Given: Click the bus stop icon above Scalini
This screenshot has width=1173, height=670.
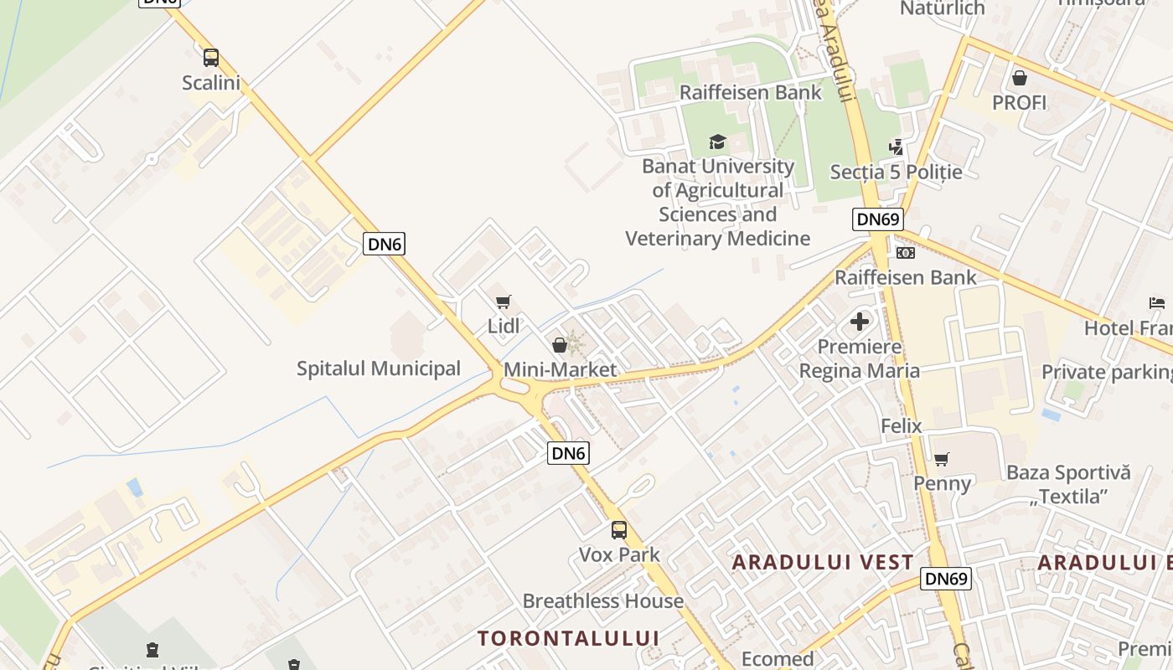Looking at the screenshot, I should (211, 58).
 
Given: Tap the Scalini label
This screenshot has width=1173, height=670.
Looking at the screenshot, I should (211, 83).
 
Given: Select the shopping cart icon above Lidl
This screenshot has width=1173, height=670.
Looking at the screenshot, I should (503, 302).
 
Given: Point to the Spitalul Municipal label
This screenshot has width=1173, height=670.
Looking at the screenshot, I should (379, 368).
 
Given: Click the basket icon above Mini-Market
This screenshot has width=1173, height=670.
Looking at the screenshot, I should (559, 344).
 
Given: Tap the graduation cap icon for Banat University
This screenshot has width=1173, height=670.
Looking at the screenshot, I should (717, 142).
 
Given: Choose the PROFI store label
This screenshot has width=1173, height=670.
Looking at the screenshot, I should (1020, 103).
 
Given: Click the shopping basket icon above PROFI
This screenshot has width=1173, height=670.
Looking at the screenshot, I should (1020, 78).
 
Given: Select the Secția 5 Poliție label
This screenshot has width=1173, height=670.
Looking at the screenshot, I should (896, 172).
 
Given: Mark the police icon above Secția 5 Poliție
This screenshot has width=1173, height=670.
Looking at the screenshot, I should (897, 147).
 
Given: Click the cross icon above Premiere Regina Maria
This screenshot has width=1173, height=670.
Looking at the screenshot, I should (860, 322).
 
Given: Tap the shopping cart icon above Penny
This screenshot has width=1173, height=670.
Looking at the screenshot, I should (942, 459).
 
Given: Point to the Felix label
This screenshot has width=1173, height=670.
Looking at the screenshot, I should (902, 426).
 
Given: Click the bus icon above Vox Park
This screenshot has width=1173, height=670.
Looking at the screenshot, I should (619, 529).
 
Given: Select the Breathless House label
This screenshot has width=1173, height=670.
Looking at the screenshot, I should (603, 601).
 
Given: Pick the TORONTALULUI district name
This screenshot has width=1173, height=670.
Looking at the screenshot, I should (569, 638).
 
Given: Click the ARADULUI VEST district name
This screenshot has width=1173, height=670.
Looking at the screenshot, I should (823, 562).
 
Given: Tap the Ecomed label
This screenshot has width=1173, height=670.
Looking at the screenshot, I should (778, 659).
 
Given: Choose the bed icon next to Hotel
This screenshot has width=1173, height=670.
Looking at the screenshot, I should (1157, 303).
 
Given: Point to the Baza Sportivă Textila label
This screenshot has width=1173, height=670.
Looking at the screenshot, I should (1068, 484).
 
